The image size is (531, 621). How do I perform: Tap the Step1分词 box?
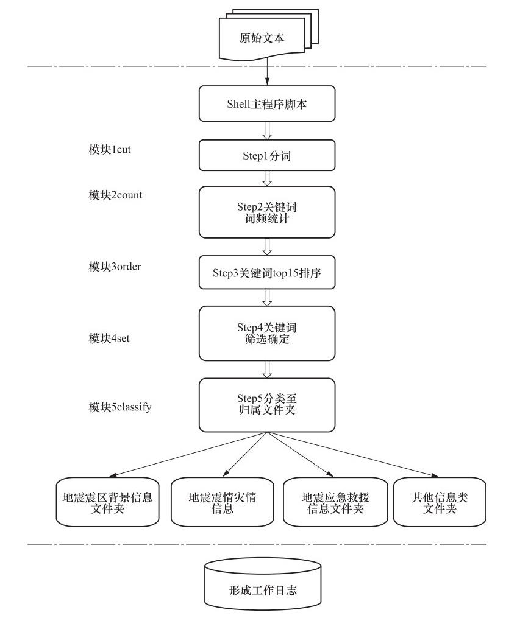(x=267, y=155)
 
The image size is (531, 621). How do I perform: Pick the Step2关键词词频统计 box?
(x=267, y=212)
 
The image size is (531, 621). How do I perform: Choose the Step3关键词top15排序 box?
(x=267, y=272)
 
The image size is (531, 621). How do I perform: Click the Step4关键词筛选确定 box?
(x=267, y=333)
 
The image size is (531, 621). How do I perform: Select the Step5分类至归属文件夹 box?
(x=267, y=405)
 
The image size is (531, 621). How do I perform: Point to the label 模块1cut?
(x=110, y=150)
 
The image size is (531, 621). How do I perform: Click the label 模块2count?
(x=116, y=195)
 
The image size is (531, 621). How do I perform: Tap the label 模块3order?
(x=115, y=267)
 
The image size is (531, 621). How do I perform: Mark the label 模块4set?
(x=109, y=338)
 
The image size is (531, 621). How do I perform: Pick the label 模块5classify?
(x=120, y=407)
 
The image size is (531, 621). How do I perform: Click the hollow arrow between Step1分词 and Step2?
(x=267, y=178)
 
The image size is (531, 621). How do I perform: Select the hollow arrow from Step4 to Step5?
(x=267, y=370)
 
